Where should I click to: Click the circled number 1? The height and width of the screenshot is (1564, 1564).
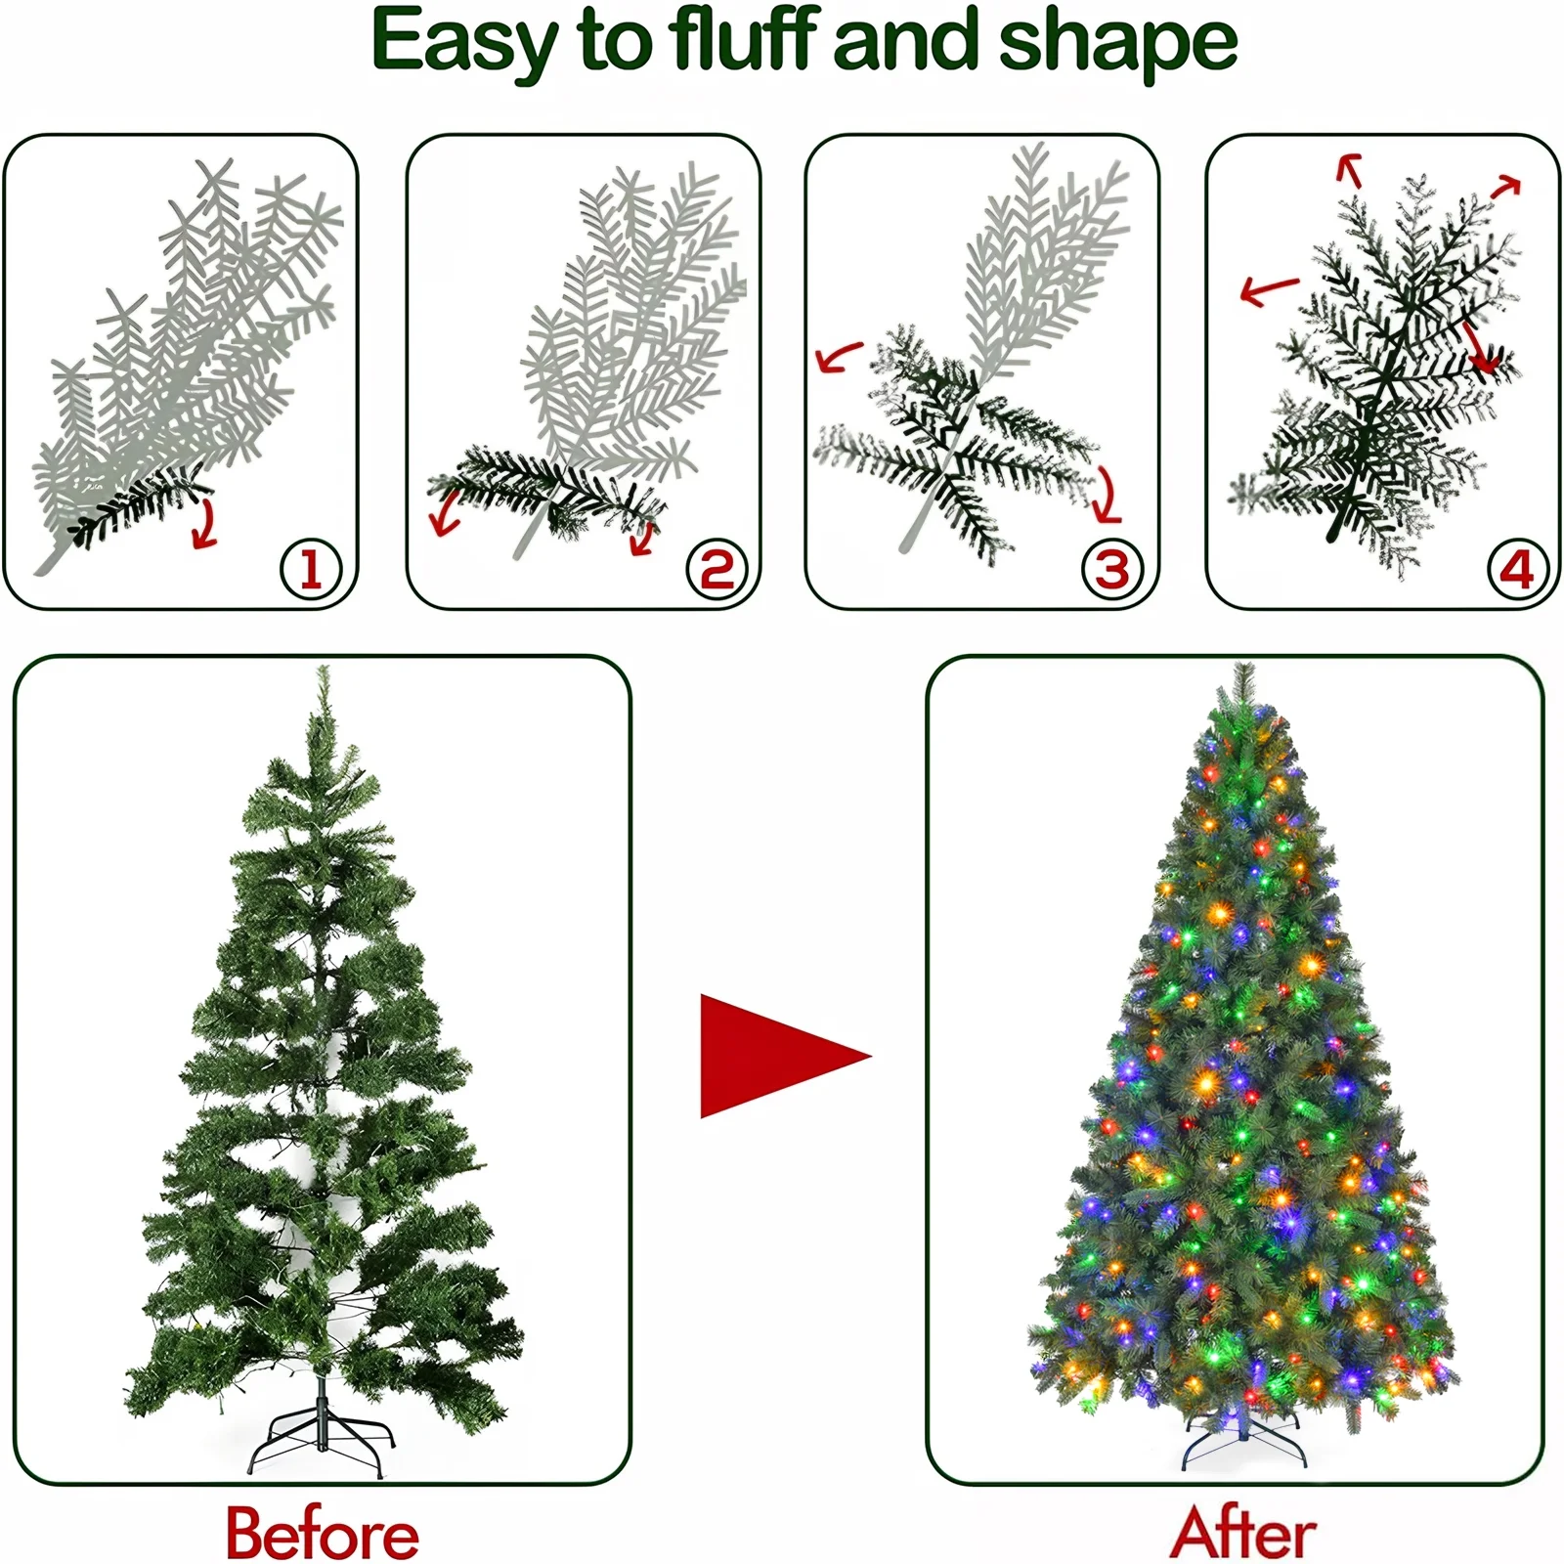pos(311,569)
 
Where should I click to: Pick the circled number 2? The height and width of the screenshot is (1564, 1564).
pos(717,569)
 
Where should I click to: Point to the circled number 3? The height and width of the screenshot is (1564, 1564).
pos(1112,569)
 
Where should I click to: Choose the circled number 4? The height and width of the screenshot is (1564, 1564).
pos(1517,569)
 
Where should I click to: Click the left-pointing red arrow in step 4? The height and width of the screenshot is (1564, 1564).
pos(1268,289)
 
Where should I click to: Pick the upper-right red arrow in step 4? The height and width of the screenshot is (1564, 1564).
pos(1506,186)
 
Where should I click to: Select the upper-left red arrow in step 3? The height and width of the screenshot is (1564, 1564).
pos(838,358)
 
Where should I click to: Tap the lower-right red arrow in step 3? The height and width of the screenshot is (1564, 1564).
pos(1107,497)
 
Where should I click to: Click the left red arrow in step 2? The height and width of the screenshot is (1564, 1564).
pos(445,512)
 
